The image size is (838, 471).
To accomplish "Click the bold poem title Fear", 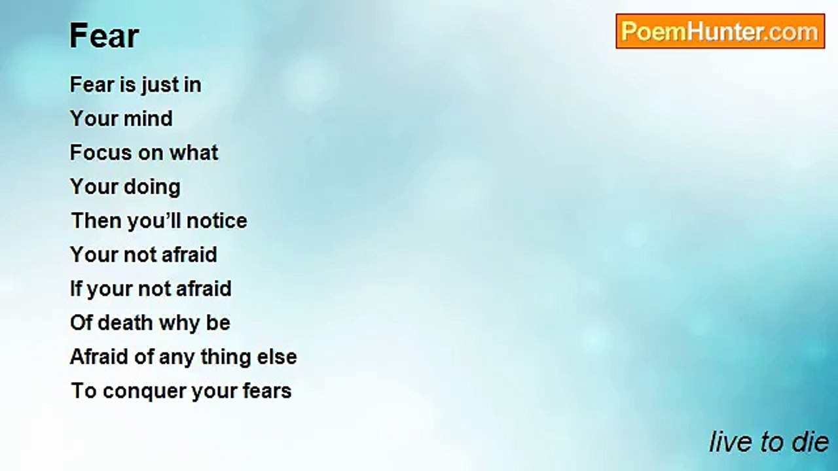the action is tap(104, 36).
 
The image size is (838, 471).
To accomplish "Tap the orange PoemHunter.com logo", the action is tap(720, 31).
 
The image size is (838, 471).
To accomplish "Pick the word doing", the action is tap(152, 187).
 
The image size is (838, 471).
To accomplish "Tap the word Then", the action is tap(96, 220).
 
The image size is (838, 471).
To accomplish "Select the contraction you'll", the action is tap(155, 221).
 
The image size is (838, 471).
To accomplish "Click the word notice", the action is tap(217, 220).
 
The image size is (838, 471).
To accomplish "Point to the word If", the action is tap(76, 288).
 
